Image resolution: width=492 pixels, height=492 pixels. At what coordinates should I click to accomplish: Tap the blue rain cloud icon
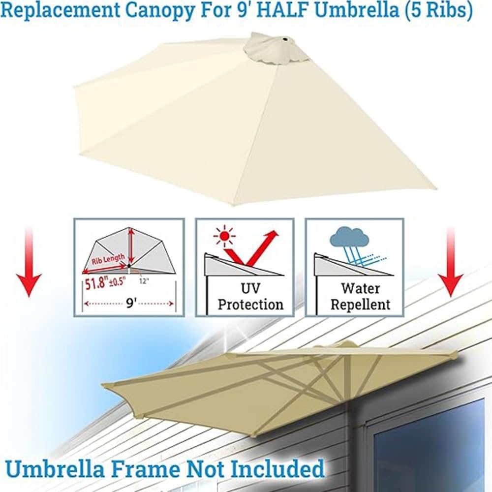349,239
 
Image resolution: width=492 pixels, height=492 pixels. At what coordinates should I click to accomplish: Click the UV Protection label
250,296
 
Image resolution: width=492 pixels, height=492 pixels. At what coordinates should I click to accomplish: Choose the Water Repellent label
360,296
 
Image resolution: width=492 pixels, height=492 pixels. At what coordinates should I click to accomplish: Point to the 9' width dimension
130,303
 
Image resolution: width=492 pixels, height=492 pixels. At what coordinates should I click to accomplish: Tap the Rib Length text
108,258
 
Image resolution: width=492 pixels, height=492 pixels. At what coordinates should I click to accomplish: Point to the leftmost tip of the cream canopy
74,89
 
